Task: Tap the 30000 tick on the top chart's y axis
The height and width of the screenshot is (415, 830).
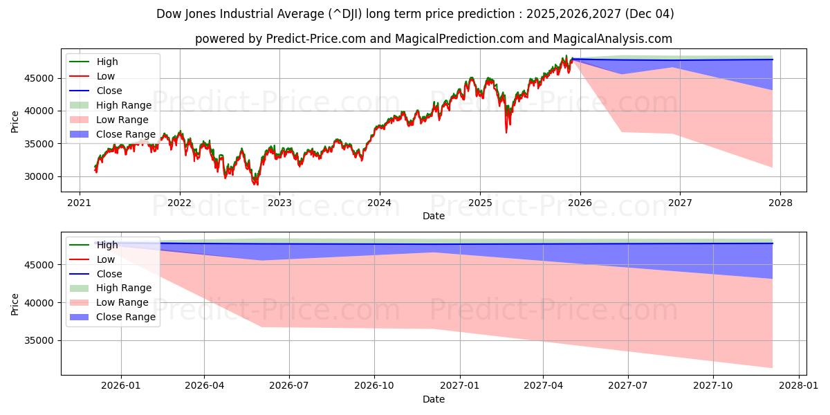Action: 41,177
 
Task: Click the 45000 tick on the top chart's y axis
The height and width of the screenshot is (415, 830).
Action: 41,78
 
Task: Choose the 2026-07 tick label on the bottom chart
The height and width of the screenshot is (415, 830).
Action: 289,387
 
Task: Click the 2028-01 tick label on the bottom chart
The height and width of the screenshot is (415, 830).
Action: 799,387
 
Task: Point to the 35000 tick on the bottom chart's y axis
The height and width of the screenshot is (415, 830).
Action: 41,341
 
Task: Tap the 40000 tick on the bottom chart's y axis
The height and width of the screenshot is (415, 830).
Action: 41,303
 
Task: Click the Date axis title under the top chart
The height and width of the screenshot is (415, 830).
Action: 434,216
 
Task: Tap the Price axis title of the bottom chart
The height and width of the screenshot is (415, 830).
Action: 15,304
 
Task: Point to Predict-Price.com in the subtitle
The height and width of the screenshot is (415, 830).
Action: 315,39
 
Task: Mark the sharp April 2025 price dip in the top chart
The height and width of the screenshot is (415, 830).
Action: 506,131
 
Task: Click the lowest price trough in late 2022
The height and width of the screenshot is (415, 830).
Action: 255,183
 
